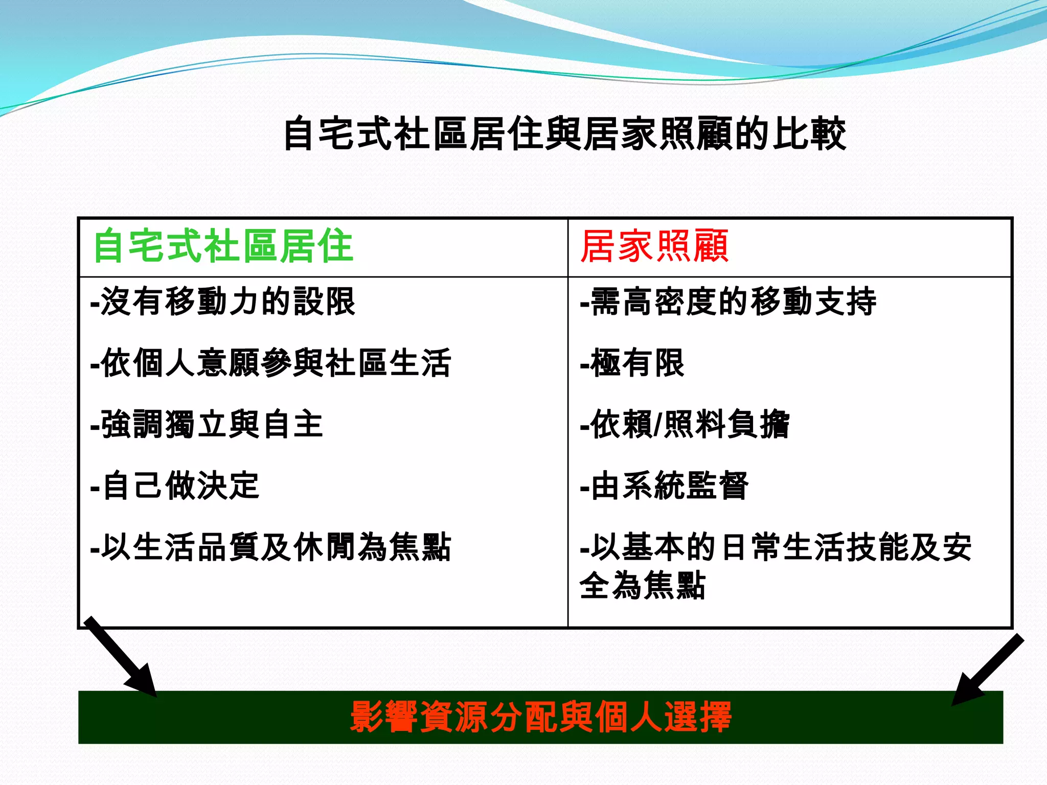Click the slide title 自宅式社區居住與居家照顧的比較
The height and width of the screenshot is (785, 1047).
pos(564,134)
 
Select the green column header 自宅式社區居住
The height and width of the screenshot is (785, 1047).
pos(223,246)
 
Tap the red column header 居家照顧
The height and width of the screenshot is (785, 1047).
pos(655,246)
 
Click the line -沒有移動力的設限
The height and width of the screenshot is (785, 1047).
pos(222,302)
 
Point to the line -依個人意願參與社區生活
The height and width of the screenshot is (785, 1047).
pos(270,363)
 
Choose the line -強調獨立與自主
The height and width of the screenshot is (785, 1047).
pos(207,424)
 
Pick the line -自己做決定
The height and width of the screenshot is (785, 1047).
pos(174,486)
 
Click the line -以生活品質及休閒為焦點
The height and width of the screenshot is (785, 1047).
pos(270,547)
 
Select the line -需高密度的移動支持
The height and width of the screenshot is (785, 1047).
pos(728,302)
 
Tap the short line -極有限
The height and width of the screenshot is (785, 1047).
pos(632,363)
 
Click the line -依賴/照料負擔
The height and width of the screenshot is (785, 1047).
pos(685,424)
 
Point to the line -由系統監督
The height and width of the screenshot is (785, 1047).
pos(664,486)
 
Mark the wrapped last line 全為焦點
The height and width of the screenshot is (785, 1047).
pos(643,585)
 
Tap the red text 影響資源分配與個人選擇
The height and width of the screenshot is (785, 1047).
pos(541,717)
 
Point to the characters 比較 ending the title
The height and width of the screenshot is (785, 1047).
pos(810,134)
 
